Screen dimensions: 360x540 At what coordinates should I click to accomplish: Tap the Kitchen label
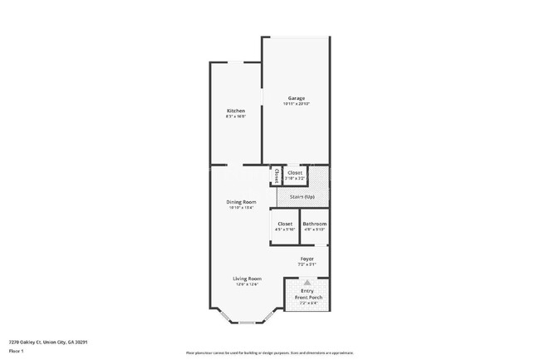tap(236, 111)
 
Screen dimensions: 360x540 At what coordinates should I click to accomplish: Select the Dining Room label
tap(242, 202)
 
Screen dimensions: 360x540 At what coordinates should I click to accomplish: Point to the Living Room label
tap(247, 279)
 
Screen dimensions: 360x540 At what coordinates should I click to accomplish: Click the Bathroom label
tap(314, 224)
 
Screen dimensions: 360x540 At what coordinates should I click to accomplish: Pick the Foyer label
tap(307, 259)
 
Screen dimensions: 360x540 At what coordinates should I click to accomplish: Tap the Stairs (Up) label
tap(302, 197)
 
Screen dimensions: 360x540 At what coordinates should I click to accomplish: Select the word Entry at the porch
tap(307, 291)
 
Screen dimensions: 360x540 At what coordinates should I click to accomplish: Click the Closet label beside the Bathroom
tap(285, 224)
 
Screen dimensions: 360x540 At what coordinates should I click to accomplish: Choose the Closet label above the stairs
tap(295, 173)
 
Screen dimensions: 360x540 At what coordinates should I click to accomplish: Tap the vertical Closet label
tap(276, 175)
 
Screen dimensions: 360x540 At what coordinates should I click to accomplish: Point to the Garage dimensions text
tap(297, 104)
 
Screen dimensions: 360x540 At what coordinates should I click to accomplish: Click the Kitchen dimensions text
tap(236, 117)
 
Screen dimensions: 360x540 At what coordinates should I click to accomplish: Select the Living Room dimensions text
tap(247, 284)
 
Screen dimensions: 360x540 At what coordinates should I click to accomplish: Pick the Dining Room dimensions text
tap(242, 208)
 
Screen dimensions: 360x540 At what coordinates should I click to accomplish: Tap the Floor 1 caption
tap(17, 351)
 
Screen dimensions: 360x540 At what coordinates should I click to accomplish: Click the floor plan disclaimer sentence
tap(269, 353)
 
